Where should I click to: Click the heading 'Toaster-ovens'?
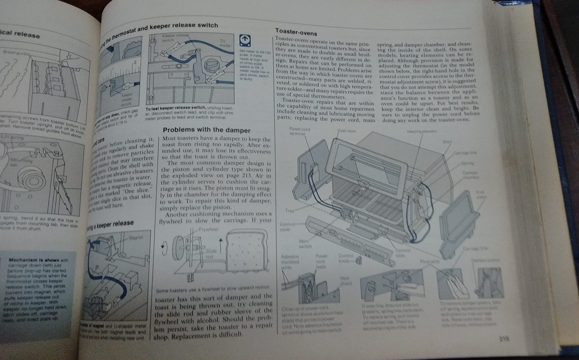coord(296,32)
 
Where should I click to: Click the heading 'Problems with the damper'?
coord(206,130)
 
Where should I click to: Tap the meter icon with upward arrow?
coord(245,41)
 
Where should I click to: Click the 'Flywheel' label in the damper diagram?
coord(208,229)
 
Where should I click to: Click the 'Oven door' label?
coord(347,131)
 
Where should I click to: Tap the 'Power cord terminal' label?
coord(299,131)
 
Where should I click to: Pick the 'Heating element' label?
coord(422,132)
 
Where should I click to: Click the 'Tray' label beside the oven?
coord(289,210)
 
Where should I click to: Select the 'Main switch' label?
coord(305,244)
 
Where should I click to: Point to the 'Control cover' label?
coord(287,227)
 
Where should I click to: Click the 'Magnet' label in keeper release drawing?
coord(136,237)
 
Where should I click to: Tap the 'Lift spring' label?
coord(12,137)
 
